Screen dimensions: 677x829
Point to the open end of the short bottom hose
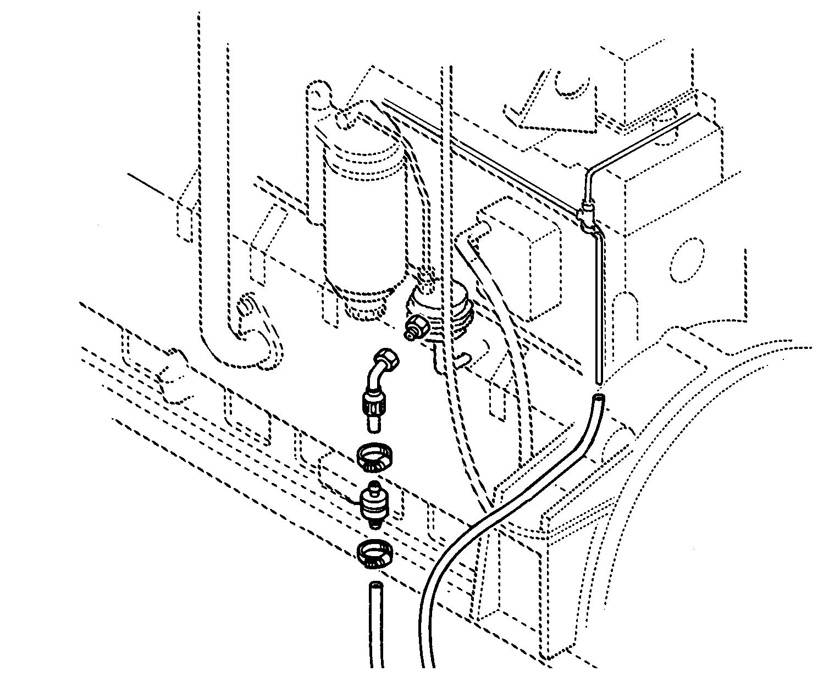(375, 585)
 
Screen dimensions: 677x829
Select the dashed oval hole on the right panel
(687, 260)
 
